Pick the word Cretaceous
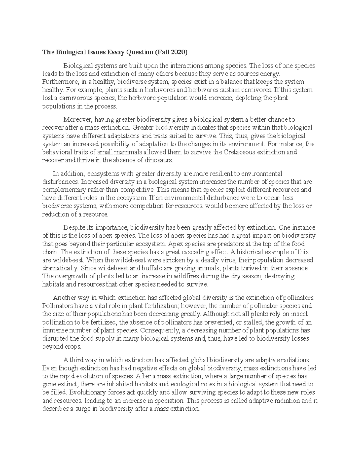point(242,152)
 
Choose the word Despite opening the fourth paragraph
point(72,227)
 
